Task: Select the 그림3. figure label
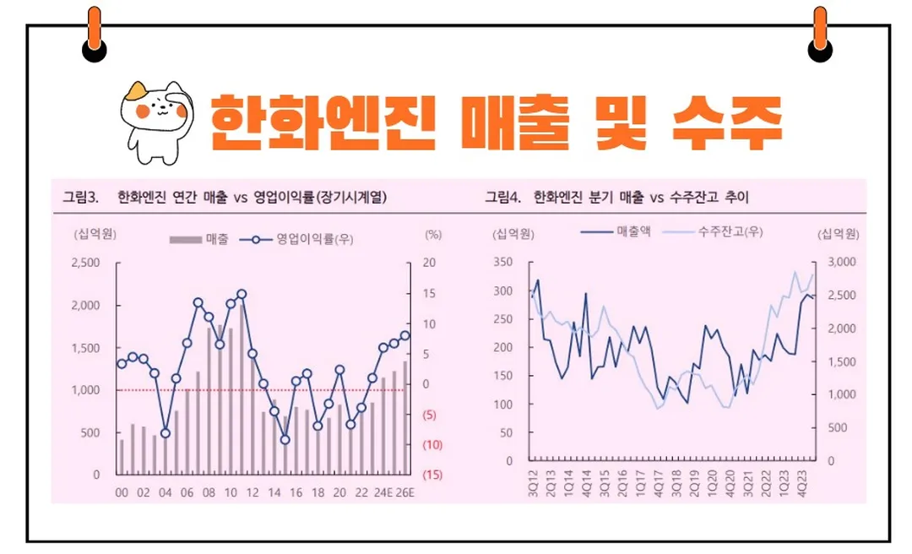pyautogui.click(x=81, y=198)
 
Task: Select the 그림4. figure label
pyautogui.click(x=503, y=198)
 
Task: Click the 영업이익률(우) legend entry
pyautogui.click(x=301, y=239)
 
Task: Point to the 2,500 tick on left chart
pyautogui.click(x=84, y=263)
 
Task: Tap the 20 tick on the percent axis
pyautogui.click(x=429, y=263)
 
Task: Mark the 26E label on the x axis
pyautogui.click(x=405, y=493)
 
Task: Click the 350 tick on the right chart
pyautogui.click(x=504, y=263)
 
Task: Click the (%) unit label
pyautogui.click(x=432, y=234)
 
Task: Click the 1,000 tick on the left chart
pyautogui.click(x=84, y=390)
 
